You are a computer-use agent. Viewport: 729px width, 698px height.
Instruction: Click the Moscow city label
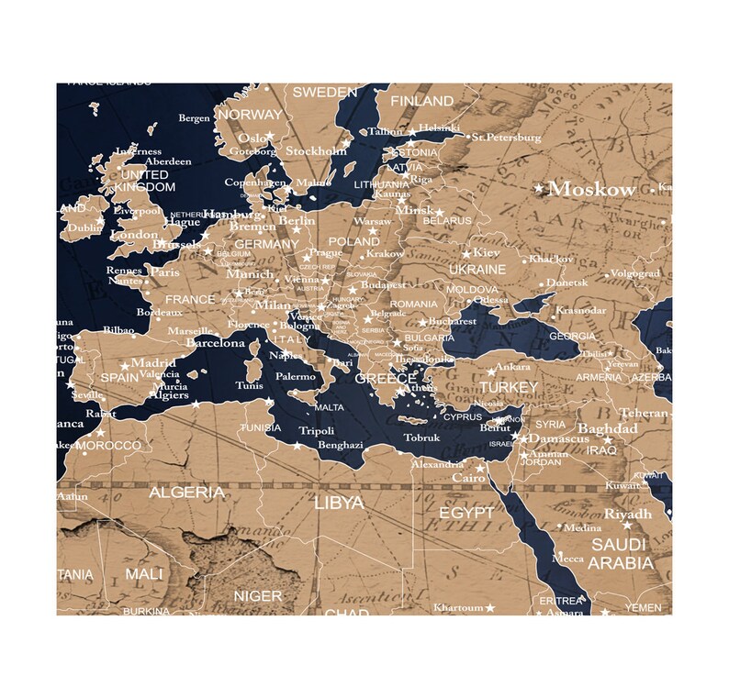click(591, 190)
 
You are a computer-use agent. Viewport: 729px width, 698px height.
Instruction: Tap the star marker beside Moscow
click(539, 188)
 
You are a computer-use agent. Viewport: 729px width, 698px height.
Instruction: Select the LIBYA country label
click(339, 503)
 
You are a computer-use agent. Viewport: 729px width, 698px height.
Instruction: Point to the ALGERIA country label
click(186, 493)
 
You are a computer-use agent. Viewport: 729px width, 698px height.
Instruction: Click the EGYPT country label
click(465, 512)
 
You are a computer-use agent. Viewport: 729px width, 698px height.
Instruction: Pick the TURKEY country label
click(508, 388)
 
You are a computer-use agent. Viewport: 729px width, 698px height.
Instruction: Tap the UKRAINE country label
click(477, 270)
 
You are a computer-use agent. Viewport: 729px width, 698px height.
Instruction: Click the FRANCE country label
click(190, 299)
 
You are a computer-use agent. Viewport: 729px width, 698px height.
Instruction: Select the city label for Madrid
click(153, 362)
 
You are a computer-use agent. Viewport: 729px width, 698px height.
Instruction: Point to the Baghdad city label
click(607, 428)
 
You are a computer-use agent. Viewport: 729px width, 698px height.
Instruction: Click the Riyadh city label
click(628, 514)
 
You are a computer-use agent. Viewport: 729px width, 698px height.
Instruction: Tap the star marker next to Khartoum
click(489, 607)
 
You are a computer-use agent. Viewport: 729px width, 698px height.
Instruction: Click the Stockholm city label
click(316, 150)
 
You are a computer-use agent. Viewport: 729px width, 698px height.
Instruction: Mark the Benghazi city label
click(341, 445)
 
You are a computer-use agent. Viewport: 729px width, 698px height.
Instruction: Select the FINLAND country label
click(421, 100)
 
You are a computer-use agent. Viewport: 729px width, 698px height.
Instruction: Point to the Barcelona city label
click(216, 343)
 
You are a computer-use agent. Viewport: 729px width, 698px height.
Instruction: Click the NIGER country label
click(258, 596)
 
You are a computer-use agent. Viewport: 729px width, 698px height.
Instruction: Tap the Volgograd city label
click(634, 273)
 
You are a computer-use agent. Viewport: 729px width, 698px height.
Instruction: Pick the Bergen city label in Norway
click(194, 118)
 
